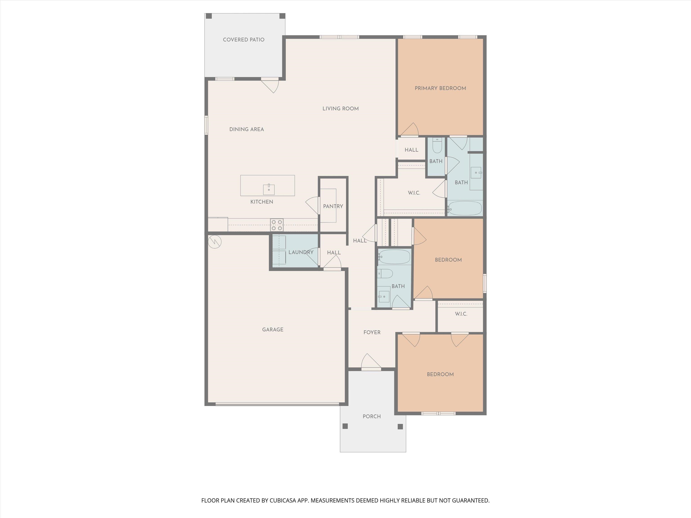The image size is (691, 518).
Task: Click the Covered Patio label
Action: click(x=243, y=40)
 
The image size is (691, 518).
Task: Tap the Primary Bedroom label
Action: click(x=440, y=88)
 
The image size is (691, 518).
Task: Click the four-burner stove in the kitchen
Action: click(x=277, y=225)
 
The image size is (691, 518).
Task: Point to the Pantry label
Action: click(x=333, y=206)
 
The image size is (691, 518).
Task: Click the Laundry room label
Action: click(x=301, y=252)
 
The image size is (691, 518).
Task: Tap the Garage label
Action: click(x=272, y=329)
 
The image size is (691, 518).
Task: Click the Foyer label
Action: click(x=372, y=333)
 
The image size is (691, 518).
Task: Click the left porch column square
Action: click(x=345, y=426)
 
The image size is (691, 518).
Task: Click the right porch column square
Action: click(x=400, y=426)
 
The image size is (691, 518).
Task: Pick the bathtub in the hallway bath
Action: click(x=394, y=257)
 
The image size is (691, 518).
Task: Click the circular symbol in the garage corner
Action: click(x=215, y=241)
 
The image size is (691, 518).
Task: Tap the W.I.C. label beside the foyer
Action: click(x=461, y=314)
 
